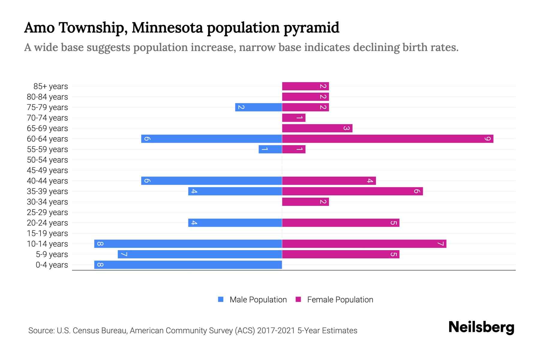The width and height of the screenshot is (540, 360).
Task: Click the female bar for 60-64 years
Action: pyautogui.click(x=388, y=139)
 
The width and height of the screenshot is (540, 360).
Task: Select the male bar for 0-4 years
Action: pyautogui.click(x=188, y=265)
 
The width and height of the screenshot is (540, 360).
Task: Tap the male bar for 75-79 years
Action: pyautogui.click(x=259, y=107)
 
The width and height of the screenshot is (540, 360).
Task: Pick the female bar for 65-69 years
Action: pyautogui.click(x=317, y=128)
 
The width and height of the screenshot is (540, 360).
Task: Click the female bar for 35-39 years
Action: pyautogui.click(x=352, y=191)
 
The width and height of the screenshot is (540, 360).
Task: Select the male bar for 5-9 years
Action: pyautogui.click(x=200, y=254)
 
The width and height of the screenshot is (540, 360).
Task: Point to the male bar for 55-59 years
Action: pyautogui.click(x=270, y=149)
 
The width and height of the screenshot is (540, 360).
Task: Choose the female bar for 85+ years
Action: pyautogui.click(x=305, y=86)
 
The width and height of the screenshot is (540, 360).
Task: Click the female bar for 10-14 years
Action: pyautogui.click(x=364, y=244)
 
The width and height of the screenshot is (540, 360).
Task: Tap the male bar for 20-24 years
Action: pyautogui.click(x=235, y=223)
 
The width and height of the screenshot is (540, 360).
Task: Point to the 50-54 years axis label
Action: pyautogui.click(x=47, y=160)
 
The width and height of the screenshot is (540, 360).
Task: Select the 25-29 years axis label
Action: pyautogui.click(x=47, y=212)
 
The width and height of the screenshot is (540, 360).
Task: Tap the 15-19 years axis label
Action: pyautogui.click(x=47, y=233)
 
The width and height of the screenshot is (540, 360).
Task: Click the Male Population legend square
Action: pyautogui.click(x=221, y=299)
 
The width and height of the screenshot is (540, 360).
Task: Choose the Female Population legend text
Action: pyautogui.click(x=340, y=300)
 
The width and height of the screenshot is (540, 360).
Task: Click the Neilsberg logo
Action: pyautogui.click(x=481, y=327)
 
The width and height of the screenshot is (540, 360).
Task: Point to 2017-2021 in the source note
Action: pyautogui.click(x=276, y=331)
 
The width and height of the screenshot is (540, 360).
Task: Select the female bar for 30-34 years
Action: pyautogui.click(x=305, y=202)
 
